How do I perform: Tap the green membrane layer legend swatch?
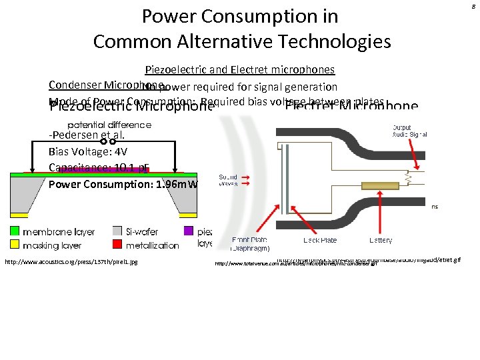click(x=14, y=232)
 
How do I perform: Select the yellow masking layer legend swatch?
click(x=14, y=245)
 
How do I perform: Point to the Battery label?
click(x=380, y=240)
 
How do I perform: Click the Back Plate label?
click(x=321, y=240)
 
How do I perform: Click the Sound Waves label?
click(x=228, y=181)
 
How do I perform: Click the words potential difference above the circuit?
click(x=109, y=125)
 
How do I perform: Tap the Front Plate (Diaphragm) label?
click(x=250, y=244)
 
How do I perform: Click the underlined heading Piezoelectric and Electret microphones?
click(x=240, y=69)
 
